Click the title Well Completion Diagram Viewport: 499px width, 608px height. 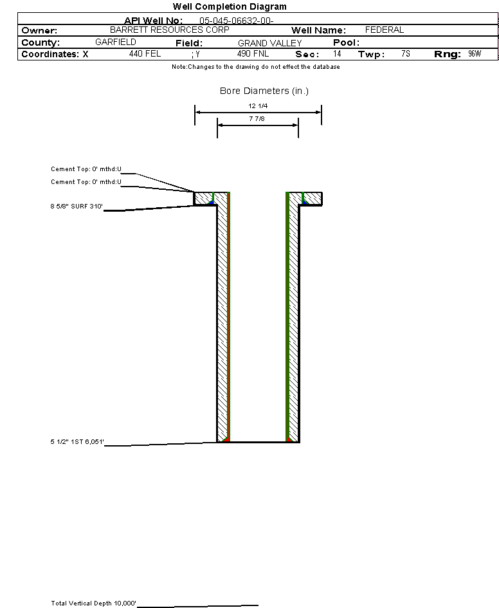pyautogui.click(x=230, y=6)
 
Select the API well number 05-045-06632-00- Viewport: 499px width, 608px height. pyautogui.click(x=237, y=21)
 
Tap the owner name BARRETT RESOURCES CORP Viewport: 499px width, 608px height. pyautogui.click(x=170, y=30)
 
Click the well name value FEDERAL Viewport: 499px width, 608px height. pyautogui.click(x=385, y=30)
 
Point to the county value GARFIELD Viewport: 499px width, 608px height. pyautogui.click(x=116, y=42)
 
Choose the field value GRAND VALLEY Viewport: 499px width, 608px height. pyautogui.click(x=269, y=43)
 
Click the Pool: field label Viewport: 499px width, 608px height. pyautogui.click(x=347, y=42)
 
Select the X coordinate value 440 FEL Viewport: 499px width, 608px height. pyautogui.click(x=145, y=53)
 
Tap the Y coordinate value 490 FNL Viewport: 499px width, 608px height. pyautogui.click(x=253, y=53)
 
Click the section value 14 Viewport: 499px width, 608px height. pyautogui.click(x=337, y=53)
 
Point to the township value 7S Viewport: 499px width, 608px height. pyautogui.click(x=406, y=53)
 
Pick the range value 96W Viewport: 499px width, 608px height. pyautogui.click(x=475, y=53)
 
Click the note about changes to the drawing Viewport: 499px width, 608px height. pyautogui.click(x=256, y=67)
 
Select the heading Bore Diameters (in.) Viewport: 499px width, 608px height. pyautogui.click(x=264, y=91)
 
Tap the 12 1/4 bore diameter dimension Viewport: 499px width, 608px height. pyautogui.click(x=258, y=106)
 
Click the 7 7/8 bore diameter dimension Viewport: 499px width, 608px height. pyautogui.click(x=257, y=118)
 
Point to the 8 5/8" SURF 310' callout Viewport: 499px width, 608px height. pyautogui.click(x=77, y=207)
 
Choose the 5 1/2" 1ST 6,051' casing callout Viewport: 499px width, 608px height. pyautogui.click(x=77, y=441)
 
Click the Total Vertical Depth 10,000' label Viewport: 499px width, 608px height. pyautogui.click(x=94, y=603)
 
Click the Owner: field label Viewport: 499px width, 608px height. pyautogui.click(x=39, y=31)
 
